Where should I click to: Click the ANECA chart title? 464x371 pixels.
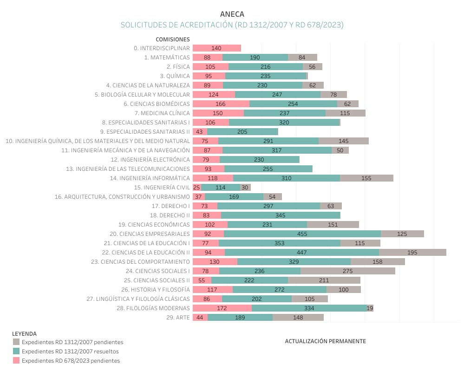point(232,14)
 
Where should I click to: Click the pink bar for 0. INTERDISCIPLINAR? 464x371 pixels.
point(216,48)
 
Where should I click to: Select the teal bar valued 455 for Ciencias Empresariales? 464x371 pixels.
point(302,234)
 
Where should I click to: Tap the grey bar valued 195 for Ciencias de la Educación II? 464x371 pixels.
point(412,252)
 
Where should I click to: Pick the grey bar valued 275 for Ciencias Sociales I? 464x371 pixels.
point(347,271)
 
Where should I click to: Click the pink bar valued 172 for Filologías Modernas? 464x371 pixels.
point(222,308)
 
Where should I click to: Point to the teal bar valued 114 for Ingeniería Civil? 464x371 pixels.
point(221,187)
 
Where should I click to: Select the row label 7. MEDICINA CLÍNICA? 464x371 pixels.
point(162,113)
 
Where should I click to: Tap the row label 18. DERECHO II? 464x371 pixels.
point(170,215)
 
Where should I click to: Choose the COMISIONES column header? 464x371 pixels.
point(173,39)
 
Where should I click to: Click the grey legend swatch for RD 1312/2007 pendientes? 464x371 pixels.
point(16,342)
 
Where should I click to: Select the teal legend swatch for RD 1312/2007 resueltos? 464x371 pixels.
point(16,351)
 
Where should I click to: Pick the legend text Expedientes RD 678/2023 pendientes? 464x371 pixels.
point(71,361)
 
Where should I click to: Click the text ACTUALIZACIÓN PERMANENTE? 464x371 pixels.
point(325,341)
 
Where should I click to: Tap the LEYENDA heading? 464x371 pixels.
point(24,333)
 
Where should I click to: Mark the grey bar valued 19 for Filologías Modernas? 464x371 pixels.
point(370,308)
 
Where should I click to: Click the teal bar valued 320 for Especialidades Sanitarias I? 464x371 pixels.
point(284,122)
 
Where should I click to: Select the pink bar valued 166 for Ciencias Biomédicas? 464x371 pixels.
point(221,104)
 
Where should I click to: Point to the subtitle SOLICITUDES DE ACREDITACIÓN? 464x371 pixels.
point(232,25)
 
